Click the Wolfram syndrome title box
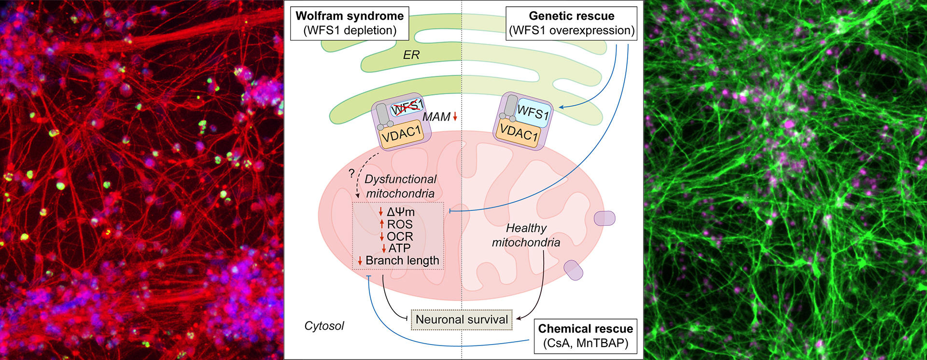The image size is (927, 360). [x=350, y=23]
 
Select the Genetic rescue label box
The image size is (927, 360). [x=572, y=23]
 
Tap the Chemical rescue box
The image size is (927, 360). [x=585, y=336]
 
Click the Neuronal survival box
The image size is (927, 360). [x=462, y=319]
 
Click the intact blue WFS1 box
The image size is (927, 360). [x=533, y=112]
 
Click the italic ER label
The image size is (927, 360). [x=411, y=55]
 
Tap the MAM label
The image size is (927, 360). [x=436, y=117]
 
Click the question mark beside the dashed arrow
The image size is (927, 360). [x=351, y=173]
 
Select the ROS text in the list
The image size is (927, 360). [x=400, y=224]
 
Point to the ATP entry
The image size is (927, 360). [x=399, y=249]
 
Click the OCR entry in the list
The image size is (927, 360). [x=400, y=236]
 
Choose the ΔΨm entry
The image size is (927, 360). [x=401, y=212]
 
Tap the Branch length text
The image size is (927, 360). [x=402, y=261]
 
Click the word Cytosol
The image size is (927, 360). [x=324, y=326]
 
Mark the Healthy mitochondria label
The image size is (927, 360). [x=526, y=235]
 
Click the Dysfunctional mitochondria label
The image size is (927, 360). [x=400, y=186]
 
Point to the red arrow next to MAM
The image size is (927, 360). [x=455, y=117]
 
